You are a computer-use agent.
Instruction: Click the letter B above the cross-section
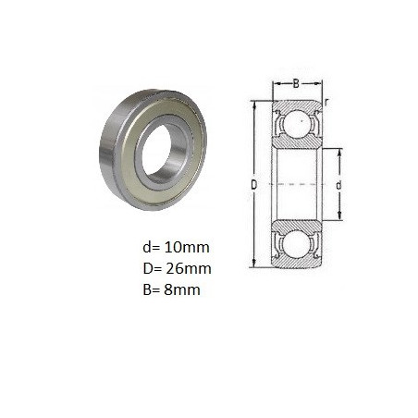pos(296,83)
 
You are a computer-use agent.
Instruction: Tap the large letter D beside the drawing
pos(253,185)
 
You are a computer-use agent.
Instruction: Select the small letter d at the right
pos(338,185)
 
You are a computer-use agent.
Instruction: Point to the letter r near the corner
pos(326,102)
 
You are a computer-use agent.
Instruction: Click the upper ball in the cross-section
pos(297,123)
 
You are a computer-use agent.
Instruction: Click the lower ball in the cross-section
pos(297,245)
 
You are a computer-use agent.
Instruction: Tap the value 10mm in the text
pos(187,247)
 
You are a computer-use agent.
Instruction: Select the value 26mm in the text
pos(189,268)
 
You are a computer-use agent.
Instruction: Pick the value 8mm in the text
pos(182,289)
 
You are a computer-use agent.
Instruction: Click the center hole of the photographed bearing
pos(156,151)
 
